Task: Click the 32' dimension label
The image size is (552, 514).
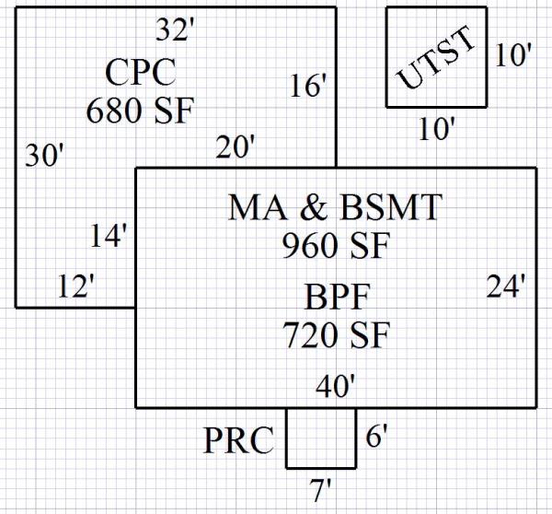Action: [174, 30]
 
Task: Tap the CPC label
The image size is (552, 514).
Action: [141, 72]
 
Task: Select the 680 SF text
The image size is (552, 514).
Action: [141, 111]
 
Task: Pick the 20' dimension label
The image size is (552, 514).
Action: [236, 146]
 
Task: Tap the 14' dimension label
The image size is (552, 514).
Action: [109, 236]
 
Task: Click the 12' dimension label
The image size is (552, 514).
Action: [75, 286]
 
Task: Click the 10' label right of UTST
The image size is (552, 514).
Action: [512, 55]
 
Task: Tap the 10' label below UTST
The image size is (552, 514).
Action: [436, 130]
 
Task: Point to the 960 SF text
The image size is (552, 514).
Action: [336, 246]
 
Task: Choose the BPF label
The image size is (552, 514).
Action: [336, 297]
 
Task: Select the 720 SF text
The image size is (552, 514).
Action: [336, 333]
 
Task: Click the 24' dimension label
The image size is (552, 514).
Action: [507, 286]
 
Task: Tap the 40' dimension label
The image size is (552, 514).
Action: [335, 386]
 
